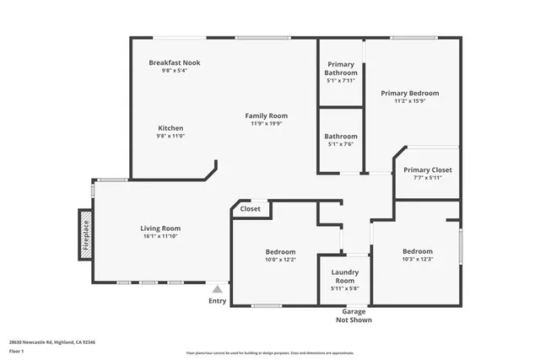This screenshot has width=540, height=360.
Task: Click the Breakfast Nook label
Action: (175, 62)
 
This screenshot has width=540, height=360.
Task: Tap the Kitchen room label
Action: (170, 128)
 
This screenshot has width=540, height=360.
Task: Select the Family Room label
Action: (267, 116)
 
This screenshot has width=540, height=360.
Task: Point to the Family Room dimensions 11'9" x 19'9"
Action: (267, 123)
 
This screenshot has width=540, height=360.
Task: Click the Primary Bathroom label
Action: (341, 68)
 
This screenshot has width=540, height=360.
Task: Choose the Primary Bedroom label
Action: (409, 93)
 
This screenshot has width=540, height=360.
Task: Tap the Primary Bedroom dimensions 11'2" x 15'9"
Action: (409, 101)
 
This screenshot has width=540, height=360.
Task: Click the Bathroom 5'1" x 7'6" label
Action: (341, 137)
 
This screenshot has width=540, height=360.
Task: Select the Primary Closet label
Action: (427, 169)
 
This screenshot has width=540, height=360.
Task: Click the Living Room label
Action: (160, 228)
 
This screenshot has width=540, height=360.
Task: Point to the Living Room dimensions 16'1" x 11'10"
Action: (160, 236)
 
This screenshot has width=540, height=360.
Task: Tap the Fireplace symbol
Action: (85, 232)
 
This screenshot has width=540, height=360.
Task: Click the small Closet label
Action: (251, 208)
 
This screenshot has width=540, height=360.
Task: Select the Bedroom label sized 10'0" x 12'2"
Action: (280, 252)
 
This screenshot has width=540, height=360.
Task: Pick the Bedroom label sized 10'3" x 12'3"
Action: (417, 251)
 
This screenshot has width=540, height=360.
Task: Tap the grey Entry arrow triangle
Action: (217, 289)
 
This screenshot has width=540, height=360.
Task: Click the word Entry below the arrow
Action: (217, 301)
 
